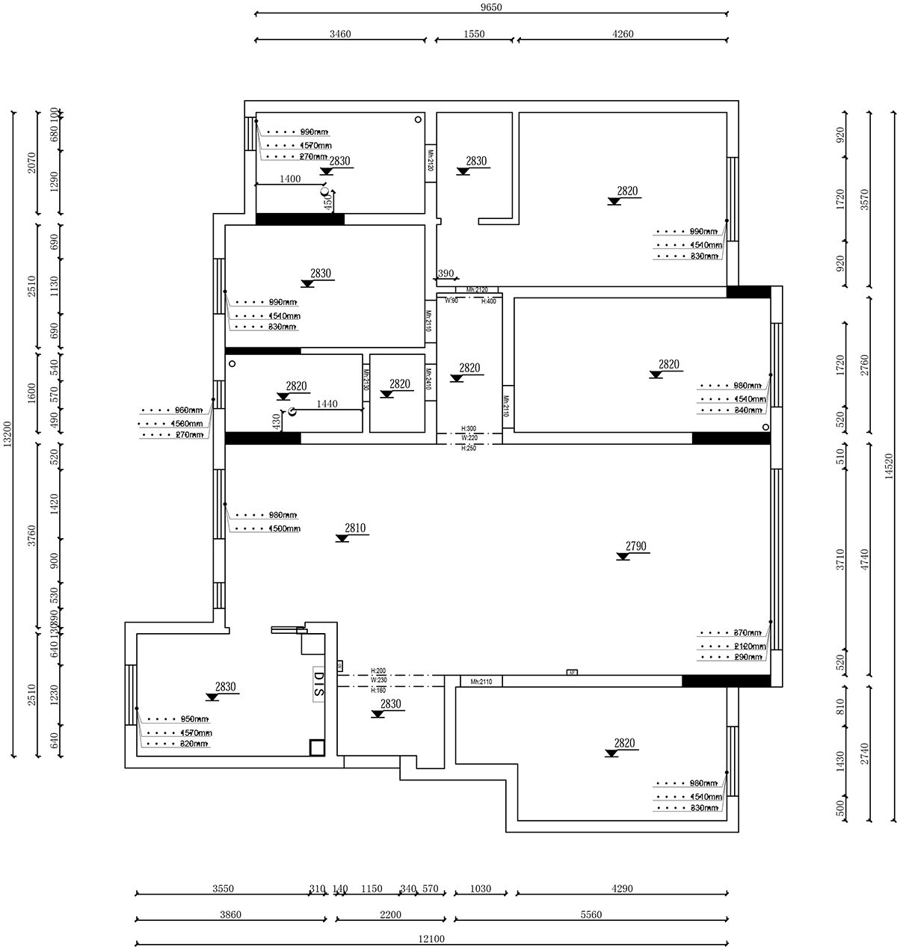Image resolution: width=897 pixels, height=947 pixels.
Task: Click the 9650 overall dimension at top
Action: pos(490,7)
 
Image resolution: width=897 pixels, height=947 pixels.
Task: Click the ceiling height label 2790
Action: pos(635,546)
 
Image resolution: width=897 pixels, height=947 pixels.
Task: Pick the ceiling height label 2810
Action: pos(355,528)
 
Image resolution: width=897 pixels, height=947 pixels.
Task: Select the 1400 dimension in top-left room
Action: pos(290,179)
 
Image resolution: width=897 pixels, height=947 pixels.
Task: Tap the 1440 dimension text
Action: pos(327,404)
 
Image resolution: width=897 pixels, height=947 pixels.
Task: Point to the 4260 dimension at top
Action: pos(623,34)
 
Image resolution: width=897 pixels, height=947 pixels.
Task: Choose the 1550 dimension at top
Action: pos(474,34)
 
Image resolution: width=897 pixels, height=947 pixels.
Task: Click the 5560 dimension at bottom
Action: pos(591,914)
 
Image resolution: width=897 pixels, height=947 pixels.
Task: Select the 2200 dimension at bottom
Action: pos(390,914)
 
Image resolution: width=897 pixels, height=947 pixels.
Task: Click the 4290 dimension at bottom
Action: pos(622,889)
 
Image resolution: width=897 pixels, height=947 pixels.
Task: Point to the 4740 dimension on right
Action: pos(864,561)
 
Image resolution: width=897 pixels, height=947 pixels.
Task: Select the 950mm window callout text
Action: pos(194,719)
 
